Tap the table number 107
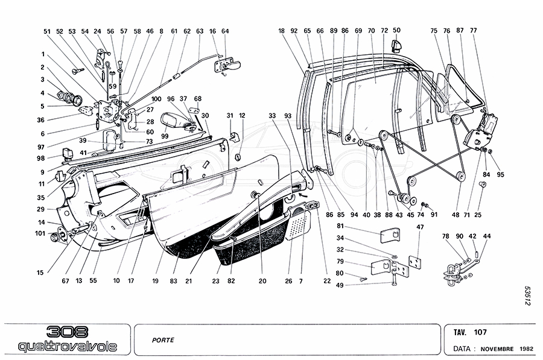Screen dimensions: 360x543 click(x=480, y=332)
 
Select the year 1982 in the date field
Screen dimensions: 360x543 click(x=526, y=349)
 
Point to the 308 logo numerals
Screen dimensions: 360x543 click(x=67, y=332)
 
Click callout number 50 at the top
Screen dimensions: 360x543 click(x=396, y=30)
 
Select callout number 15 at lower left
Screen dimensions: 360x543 click(x=40, y=273)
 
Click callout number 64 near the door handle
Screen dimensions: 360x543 click(x=225, y=31)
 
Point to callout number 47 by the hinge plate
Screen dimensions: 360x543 click(x=421, y=227)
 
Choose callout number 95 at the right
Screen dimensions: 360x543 click(x=500, y=175)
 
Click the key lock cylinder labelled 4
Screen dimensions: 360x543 click(x=65, y=95)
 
